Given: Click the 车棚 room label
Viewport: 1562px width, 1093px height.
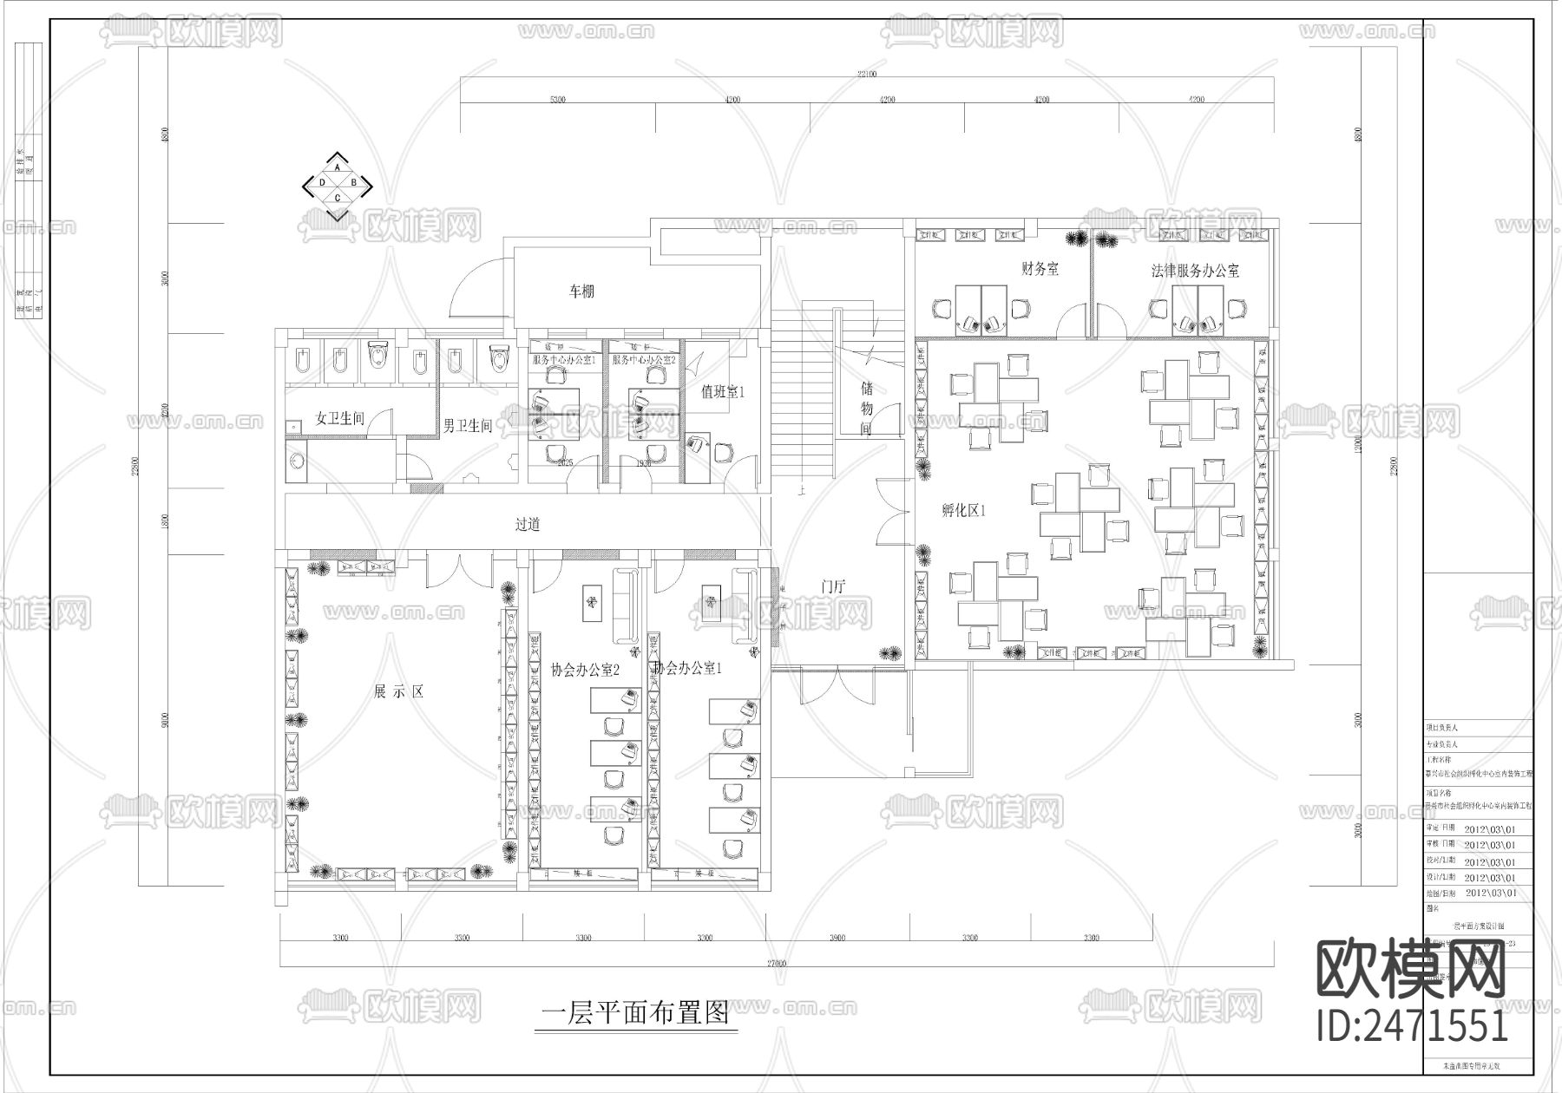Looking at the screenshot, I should pos(581,292).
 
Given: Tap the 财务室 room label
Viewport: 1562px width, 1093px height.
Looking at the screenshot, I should pos(1040,269).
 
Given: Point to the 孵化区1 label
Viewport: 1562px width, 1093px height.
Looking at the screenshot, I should pos(963,511).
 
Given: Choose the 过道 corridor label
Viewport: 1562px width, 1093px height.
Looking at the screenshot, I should pos(528,524).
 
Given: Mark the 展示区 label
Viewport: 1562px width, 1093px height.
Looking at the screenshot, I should pos(398,691).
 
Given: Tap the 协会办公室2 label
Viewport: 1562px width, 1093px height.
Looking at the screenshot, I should pos(585,670).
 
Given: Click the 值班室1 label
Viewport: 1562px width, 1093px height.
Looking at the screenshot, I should pos(723,392).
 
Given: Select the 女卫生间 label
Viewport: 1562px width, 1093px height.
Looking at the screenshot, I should pos(339,418).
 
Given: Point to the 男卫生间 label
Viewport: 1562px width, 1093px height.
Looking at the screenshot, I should pos(468,425).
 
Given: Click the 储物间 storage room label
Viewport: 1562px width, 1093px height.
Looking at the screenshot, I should pos(866,406).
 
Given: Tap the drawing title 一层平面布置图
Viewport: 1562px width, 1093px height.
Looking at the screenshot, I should pos(634,1013).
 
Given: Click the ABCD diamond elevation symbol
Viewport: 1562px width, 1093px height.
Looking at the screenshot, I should pos(338,183).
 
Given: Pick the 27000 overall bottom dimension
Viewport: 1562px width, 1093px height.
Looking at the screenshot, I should pos(776,963).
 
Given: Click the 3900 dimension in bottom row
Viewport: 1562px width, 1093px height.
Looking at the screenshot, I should pos(837,939).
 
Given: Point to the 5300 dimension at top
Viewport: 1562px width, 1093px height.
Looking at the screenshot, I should pos(557,100).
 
